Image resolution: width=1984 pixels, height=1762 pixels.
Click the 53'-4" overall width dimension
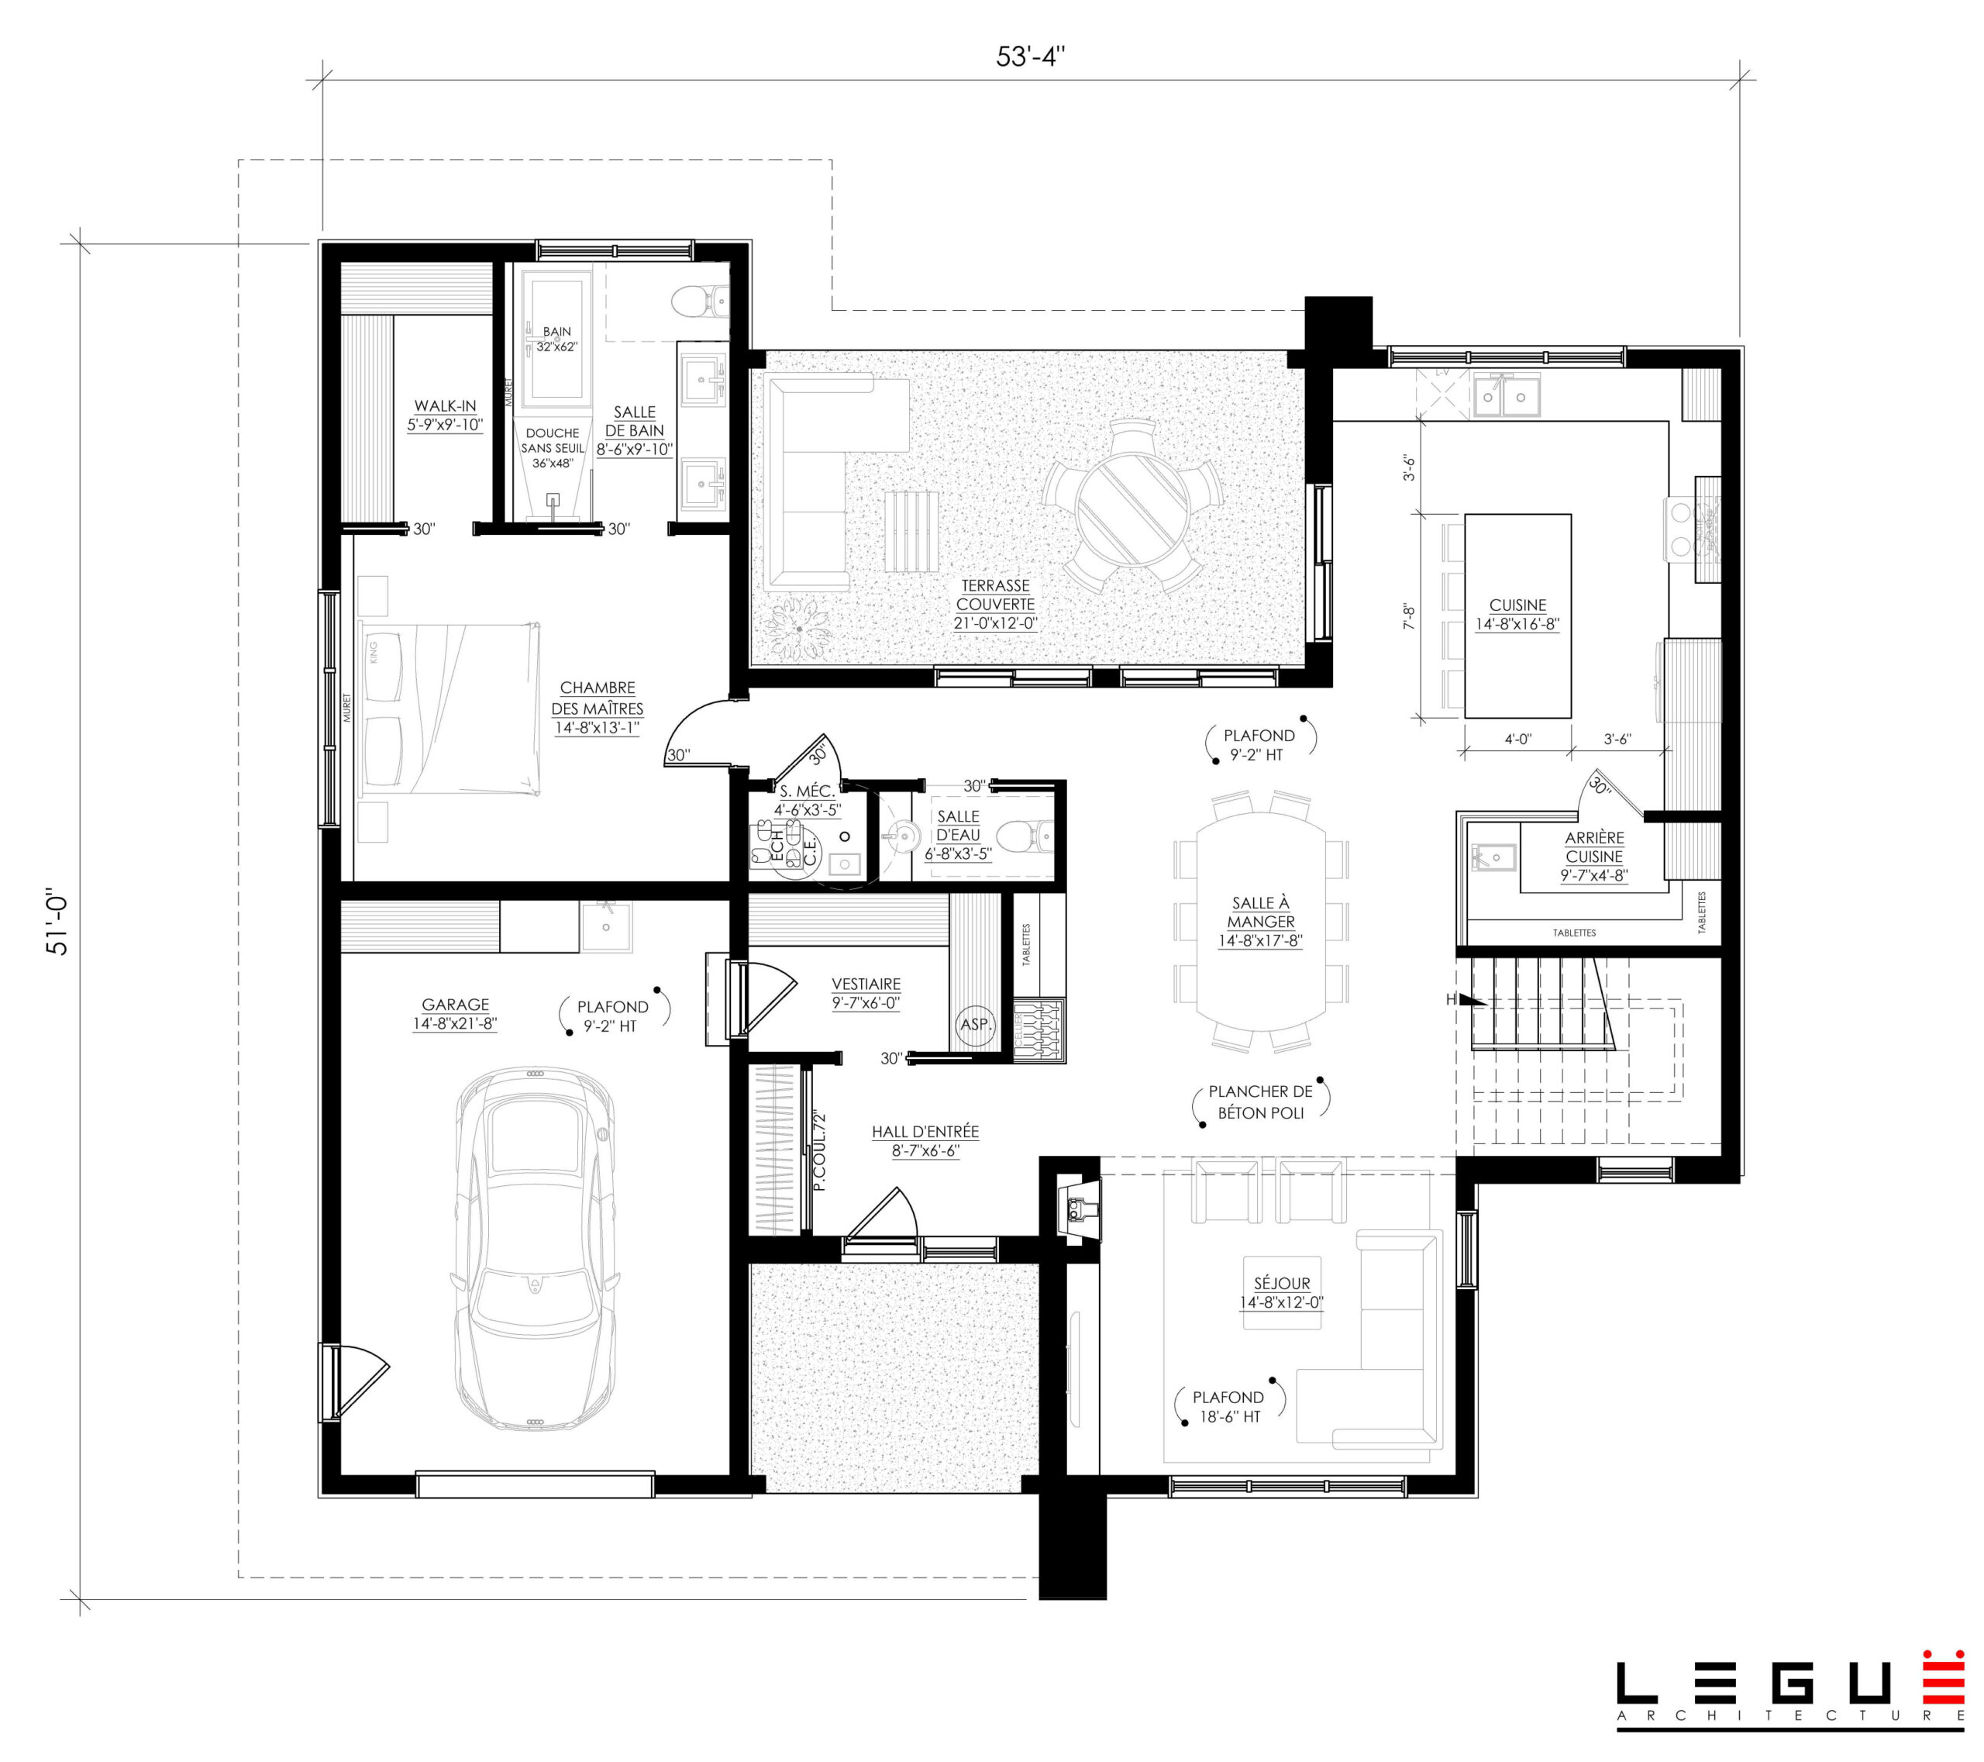click(x=1030, y=57)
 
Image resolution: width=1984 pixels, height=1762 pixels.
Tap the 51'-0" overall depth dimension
click(x=58, y=923)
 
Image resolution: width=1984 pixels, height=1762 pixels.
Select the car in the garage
click(x=535, y=1249)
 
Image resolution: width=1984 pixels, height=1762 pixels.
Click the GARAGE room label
click(x=454, y=1005)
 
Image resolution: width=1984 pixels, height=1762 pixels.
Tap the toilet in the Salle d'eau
click(x=1025, y=836)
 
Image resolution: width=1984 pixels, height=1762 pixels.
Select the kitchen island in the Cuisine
click(x=1517, y=615)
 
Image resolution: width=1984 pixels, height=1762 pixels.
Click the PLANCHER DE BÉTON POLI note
click(x=1260, y=1102)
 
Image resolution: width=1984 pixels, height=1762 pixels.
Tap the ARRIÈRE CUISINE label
click(x=1594, y=847)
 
